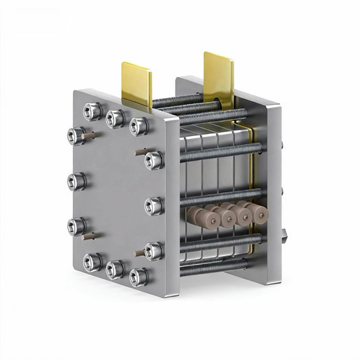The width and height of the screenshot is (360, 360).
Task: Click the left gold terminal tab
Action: tap(136, 82)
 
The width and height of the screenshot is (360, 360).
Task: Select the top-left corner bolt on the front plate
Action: tap(93, 110)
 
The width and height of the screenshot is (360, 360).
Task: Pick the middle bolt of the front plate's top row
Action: tap(115, 118)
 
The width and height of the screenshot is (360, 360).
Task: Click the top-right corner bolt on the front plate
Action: tap(138, 126)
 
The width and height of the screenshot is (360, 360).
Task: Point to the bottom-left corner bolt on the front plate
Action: tap(93, 261)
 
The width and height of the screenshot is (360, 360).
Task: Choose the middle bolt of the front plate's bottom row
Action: tap(115, 269)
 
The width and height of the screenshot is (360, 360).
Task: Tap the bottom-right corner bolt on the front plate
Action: tap(138, 276)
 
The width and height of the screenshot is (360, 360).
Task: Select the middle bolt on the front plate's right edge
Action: tap(154, 205)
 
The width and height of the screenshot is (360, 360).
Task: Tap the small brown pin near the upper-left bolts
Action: tap(86, 135)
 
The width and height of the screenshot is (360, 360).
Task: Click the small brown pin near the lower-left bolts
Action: tap(86, 237)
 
